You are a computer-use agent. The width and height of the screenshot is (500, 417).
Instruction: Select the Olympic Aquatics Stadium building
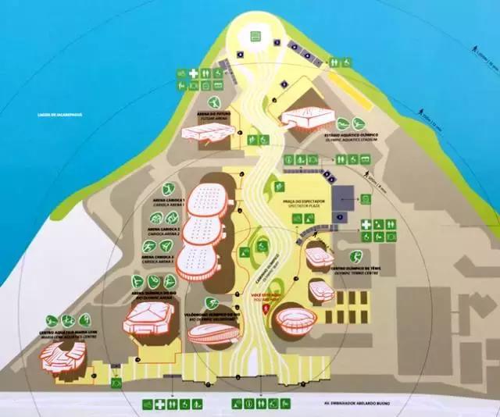[x=307, y=118]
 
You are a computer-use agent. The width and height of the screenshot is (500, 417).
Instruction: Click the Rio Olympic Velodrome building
[x=213, y=333]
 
